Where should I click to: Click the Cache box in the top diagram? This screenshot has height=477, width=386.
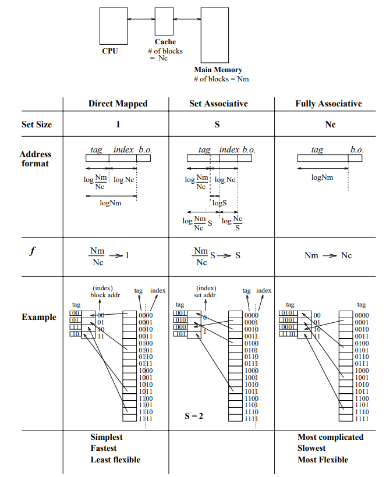pos(164,21)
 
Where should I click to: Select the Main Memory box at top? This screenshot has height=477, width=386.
pos(214,35)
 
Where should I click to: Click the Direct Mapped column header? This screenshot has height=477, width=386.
pos(118,104)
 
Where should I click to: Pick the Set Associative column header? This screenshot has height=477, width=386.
pos(218,104)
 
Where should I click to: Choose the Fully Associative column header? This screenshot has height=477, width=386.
pos(328,104)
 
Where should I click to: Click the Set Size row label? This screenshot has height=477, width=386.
pos(37,124)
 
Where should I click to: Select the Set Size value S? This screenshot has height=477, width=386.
pos(217,124)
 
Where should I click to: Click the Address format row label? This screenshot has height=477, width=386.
pos(36,159)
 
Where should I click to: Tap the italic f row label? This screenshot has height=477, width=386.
pos(32,251)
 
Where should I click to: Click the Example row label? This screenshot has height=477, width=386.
pos(39,317)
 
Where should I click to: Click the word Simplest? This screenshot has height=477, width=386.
pos(107,437)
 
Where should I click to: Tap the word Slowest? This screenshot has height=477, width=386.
pos(313,448)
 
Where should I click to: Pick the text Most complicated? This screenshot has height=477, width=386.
pos(330,437)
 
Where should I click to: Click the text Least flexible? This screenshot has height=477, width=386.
pos(115,460)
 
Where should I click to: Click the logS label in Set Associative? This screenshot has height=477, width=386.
pos(219,203)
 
